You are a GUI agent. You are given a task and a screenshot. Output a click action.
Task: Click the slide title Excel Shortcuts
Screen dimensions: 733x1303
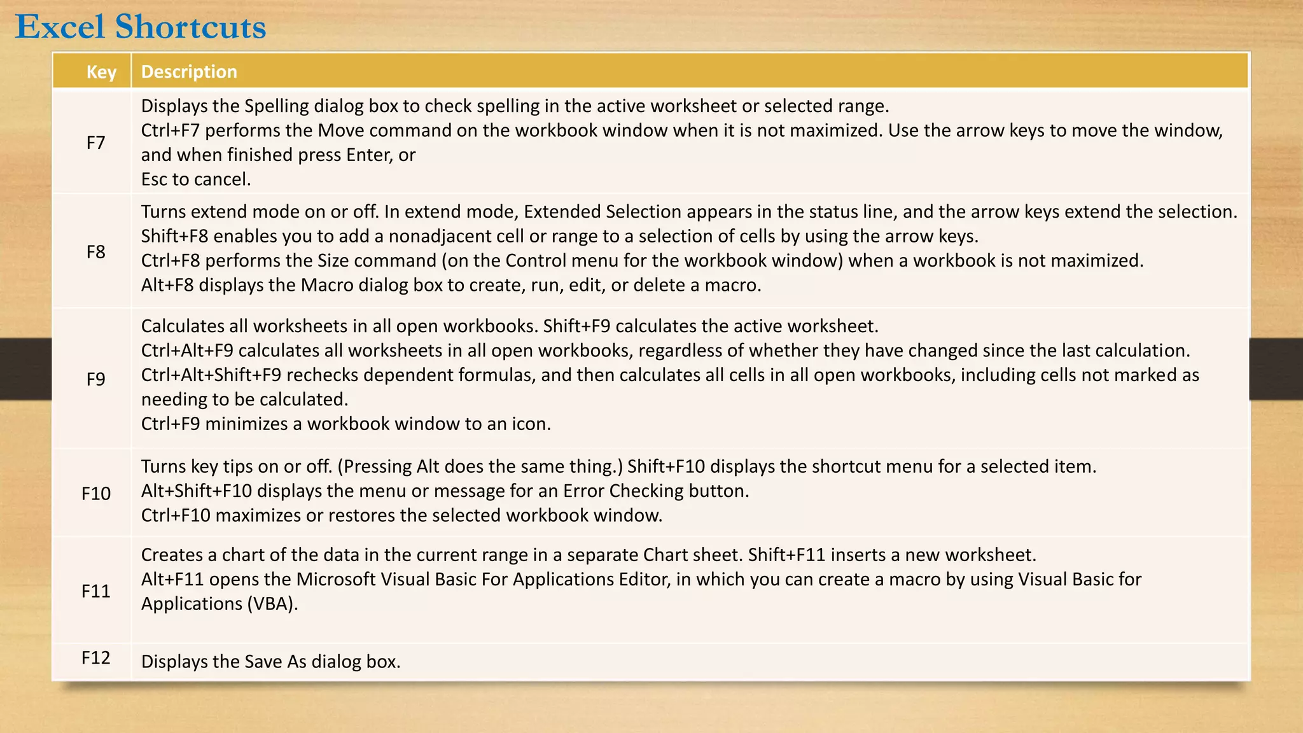[141, 27]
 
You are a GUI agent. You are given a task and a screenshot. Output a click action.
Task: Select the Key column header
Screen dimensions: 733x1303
[101, 72]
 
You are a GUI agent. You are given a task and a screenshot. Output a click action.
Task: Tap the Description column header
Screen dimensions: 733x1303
[189, 72]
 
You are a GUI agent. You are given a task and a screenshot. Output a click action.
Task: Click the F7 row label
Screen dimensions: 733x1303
[96, 143]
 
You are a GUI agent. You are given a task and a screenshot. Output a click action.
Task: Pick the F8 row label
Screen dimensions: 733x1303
[96, 252]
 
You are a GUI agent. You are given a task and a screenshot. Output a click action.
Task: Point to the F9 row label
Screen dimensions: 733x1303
[96, 379]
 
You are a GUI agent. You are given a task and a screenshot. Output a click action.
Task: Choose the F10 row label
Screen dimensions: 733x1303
[96, 493]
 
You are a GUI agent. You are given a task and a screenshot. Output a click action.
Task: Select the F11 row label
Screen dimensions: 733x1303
[96, 591]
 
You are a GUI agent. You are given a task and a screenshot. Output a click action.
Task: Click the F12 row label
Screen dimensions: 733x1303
[96, 657]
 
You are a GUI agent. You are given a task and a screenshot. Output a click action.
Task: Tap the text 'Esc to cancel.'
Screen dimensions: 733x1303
[196, 179]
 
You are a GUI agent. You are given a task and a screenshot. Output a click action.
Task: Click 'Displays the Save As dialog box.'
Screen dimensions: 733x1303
[270, 662]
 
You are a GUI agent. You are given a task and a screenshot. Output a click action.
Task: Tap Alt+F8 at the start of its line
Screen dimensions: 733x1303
[167, 285]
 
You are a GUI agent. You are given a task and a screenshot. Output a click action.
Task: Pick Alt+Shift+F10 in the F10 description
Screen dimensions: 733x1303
[197, 491]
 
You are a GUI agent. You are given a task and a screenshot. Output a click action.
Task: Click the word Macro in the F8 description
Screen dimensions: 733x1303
[327, 285]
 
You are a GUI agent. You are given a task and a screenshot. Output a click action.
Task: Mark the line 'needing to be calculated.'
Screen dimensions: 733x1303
[244, 400]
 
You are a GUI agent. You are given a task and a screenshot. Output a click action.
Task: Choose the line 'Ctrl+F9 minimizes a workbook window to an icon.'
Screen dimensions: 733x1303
[345, 424]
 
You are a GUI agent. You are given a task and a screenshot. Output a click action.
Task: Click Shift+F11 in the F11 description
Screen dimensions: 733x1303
[786, 555]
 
